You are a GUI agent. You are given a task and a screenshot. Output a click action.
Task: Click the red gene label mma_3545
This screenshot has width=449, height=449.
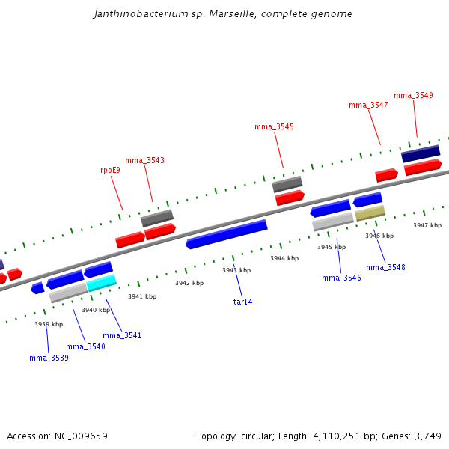[x=274, y=126]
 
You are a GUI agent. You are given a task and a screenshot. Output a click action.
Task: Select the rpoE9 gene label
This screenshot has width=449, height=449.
[x=110, y=170]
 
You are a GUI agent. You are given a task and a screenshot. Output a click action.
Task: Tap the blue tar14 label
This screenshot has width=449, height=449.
[x=243, y=302]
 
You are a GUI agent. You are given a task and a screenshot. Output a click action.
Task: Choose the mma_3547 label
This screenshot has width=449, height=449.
[x=368, y=105]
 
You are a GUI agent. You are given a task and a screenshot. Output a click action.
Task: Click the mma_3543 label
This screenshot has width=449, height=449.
[x=144, y=160]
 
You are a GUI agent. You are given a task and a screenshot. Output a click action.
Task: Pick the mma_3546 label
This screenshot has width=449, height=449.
[x=341, y=278]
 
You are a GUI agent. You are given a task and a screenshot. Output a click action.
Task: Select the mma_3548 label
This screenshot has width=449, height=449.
[x=385, y=267]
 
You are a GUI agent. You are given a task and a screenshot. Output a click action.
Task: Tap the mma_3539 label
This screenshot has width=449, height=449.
[x=49, y=358]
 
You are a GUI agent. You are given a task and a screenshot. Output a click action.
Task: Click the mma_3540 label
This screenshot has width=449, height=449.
[x=85, y=346]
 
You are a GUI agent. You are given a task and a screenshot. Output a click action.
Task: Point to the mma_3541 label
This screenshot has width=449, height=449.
[x=122, y=335]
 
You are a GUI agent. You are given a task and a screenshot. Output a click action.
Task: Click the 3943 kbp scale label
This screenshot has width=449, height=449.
[x=236, y=270]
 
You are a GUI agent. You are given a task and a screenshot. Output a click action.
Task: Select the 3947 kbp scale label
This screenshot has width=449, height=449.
[x=427, y=224]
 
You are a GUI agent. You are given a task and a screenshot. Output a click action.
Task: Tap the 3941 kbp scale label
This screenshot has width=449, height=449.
[x=142, y=296]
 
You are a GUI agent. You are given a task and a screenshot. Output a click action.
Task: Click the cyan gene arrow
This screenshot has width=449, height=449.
[x=102, y=283]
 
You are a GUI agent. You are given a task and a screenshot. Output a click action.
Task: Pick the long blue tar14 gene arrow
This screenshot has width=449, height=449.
[x=226, y=234]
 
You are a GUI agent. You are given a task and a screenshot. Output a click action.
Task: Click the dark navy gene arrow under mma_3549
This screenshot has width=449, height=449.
[x=421, y=154]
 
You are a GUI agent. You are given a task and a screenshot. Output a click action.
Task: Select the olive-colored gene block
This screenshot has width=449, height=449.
[x=370, y=214]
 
